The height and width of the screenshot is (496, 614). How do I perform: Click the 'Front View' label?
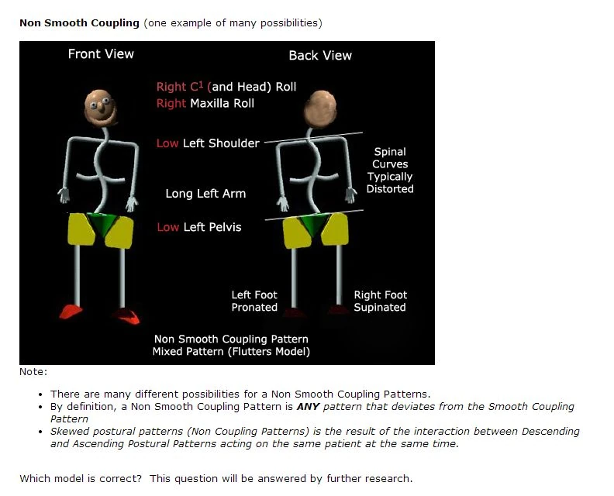coord(101,54)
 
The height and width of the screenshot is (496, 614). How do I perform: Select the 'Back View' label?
coord(320,56)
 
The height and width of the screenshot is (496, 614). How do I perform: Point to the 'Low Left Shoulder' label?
coord(208,143)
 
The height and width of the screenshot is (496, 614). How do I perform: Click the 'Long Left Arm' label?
coord(205,194)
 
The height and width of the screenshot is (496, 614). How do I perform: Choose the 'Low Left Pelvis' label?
coord(199,227)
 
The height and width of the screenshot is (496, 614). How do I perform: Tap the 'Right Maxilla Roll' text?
coord(205,103)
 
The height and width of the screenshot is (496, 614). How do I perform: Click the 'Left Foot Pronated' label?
coord(254,301)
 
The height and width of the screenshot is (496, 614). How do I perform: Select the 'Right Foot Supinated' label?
coord(380,301)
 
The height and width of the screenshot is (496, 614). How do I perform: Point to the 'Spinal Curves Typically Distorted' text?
coord(390,170)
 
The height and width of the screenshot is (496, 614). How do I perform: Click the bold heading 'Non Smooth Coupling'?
coord(79,22)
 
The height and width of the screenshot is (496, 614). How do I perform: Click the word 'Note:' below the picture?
coord(33,372)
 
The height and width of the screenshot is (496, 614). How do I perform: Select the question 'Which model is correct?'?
coord(81,478)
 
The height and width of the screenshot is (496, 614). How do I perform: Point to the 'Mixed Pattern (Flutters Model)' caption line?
coord(231,352)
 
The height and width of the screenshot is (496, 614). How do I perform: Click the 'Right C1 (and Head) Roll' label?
coord(226,87)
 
